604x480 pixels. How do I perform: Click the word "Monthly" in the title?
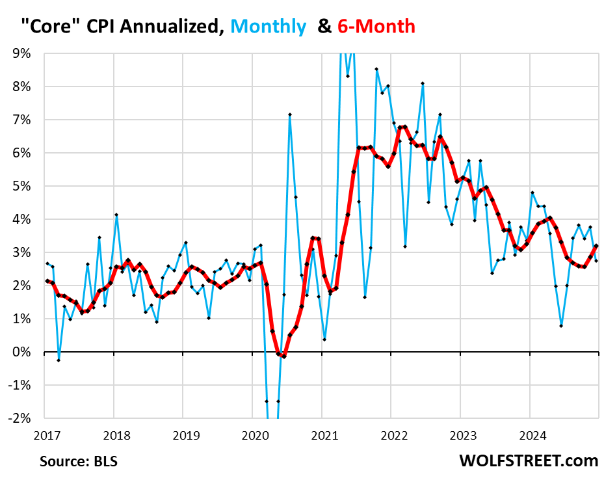[268, 26]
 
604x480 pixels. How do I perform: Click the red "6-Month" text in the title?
[376, 26]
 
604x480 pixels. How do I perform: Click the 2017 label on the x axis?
[44, 433]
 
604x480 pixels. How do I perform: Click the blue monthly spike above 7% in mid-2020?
[289, 114]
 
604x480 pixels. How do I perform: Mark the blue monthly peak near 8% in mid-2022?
[423, 83]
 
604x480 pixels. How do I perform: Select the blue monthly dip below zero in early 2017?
[59, 360]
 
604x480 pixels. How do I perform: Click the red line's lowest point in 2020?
[284, 356]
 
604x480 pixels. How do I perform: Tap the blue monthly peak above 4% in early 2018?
[116, 215]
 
